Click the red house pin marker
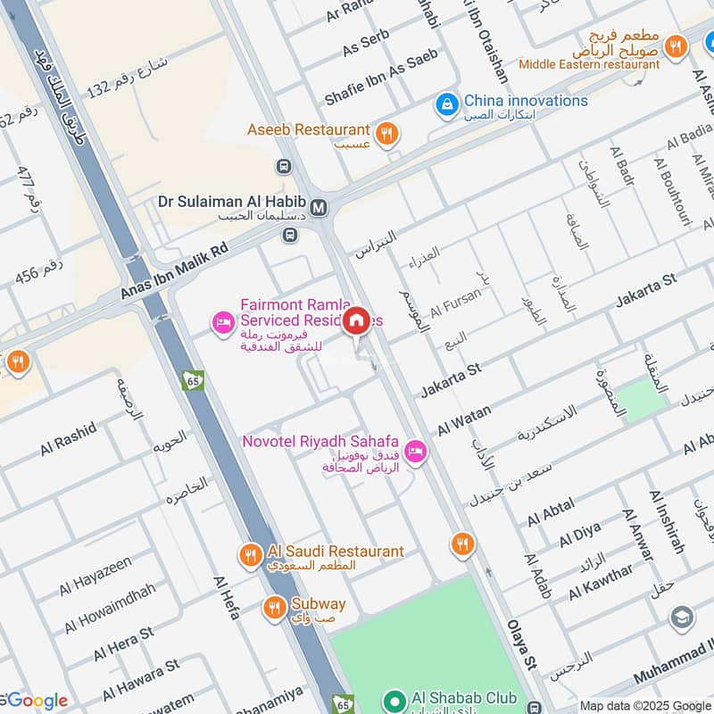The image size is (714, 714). click(x=357, y=320)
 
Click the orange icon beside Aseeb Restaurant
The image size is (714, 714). click(x=386, y=133)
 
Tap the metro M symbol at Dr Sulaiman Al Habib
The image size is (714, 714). click(x=320, y=207)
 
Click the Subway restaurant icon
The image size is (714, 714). click(x=274, y=609)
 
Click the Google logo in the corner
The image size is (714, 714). click(x=36, y=701)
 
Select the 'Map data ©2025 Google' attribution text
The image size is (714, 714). click(x=645, y=704)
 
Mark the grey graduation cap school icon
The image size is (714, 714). click(x=682, y=618)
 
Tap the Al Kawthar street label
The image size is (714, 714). click(x=601, y=581)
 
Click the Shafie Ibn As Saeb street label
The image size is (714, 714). click(x=381, y=67)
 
